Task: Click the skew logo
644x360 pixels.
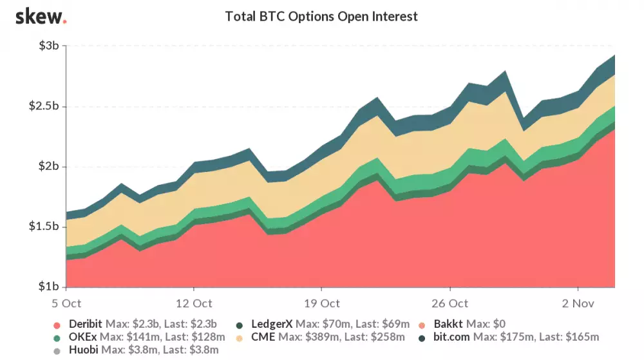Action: tap(39, 16)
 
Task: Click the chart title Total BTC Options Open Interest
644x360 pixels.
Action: tap(321, 17)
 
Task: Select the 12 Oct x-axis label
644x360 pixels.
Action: tap(193, 303)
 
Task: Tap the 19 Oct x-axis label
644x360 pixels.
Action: tap(321, 303)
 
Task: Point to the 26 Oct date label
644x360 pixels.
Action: tap(450, 303)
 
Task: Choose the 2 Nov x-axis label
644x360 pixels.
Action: tap(577, 303)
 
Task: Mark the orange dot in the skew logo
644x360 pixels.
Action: tap(64, 21)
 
